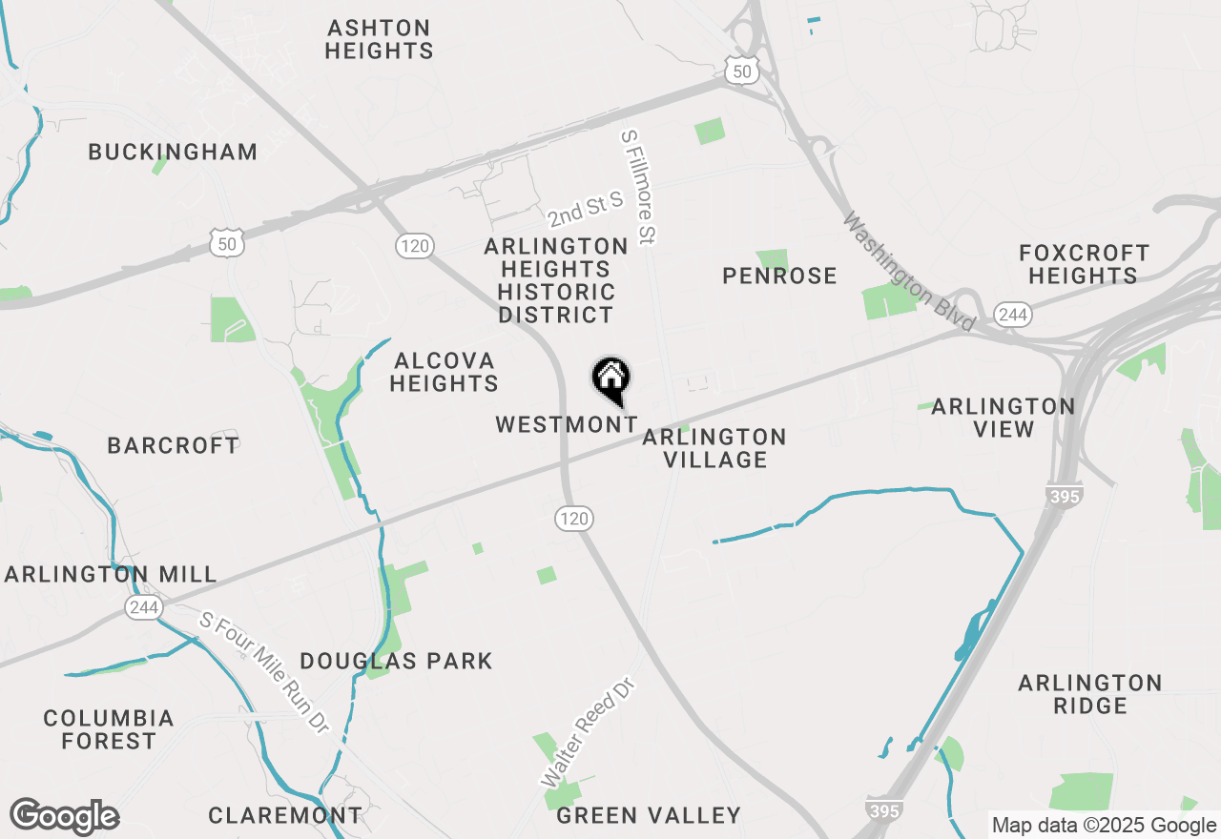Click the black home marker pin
click(610, 379)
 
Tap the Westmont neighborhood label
click(567, 424)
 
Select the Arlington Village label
click(714, 448)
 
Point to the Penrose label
click(779, 276)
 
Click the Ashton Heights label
click(379, 39)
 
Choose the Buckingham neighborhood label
click(173, 152)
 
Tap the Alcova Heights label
click(445, 372)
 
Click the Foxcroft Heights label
click(1085, 264)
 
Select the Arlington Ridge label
click(1090, 694)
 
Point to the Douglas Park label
click(396, 661)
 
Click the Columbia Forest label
click(109, 729)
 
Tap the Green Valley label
click(649, 815)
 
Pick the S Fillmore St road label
click(639, 187)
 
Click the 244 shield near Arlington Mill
click(144, 607)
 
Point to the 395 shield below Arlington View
click(1064, 497)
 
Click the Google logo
click(64, 816)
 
